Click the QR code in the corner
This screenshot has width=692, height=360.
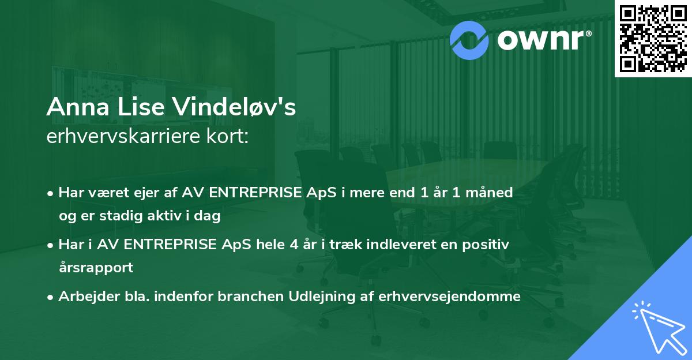point(653,37)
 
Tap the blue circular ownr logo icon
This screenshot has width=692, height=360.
point(469,39)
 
